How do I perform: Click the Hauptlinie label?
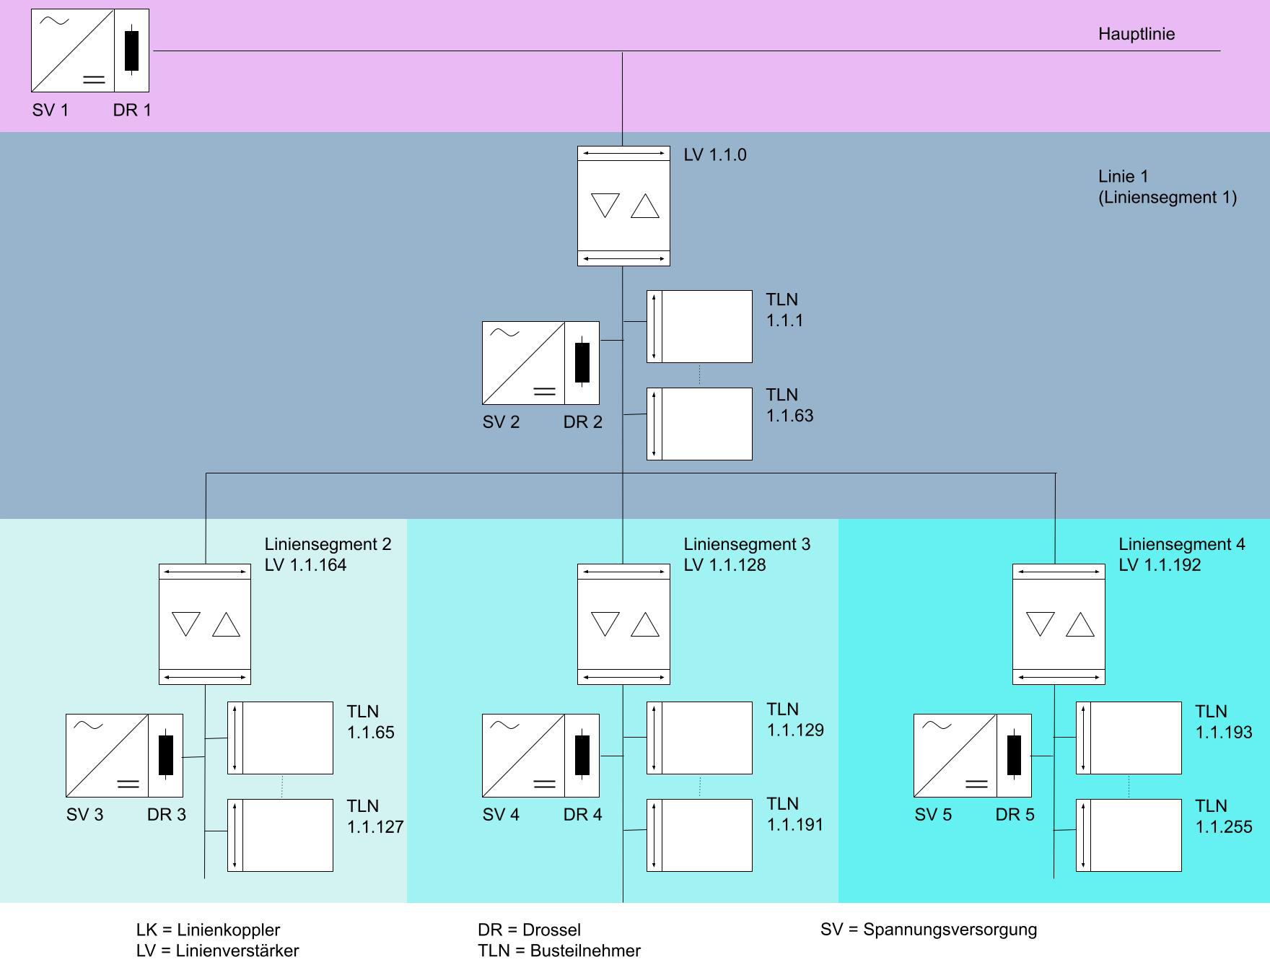pos(1136,34)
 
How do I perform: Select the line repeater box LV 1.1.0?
pos(623,206)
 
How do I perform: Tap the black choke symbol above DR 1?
pos(131,51)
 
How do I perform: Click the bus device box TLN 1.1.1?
pos(699,326)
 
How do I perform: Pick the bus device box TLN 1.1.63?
pos(699,424)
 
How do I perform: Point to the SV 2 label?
pos(501,422)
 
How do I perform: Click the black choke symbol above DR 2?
pos(582,362)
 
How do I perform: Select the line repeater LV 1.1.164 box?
pos(205,624)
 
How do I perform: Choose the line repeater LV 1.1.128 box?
pos(623,624)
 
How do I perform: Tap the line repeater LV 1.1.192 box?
pos(1059,624)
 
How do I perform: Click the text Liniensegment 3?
pos(747,544)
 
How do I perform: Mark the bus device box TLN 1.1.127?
pos(280,835)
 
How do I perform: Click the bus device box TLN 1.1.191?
pos(699,835)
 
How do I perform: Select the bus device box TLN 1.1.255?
pos(1129,835)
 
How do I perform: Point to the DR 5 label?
pos(1015,815)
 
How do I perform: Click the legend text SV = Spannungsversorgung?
pos(928,930)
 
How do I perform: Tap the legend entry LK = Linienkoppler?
pos(208,930)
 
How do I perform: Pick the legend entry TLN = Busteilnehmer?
pos(559,951)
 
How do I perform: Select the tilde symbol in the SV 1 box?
pos(54,21)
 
